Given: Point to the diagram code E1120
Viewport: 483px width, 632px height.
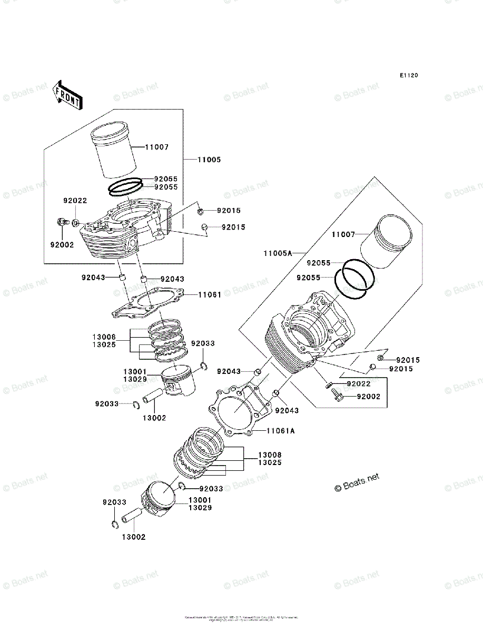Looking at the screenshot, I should (x=408, y=76).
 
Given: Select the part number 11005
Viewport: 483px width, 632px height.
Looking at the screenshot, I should (x=209, y=160).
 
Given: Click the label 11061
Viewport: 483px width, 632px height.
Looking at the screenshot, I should (x=210, y=295).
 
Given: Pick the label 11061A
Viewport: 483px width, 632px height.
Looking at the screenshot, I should (x=280, y=431).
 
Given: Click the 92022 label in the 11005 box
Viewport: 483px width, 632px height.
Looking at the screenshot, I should (x=75, y=201).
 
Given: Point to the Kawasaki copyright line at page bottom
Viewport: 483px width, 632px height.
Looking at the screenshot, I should (x=241, y=617).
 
